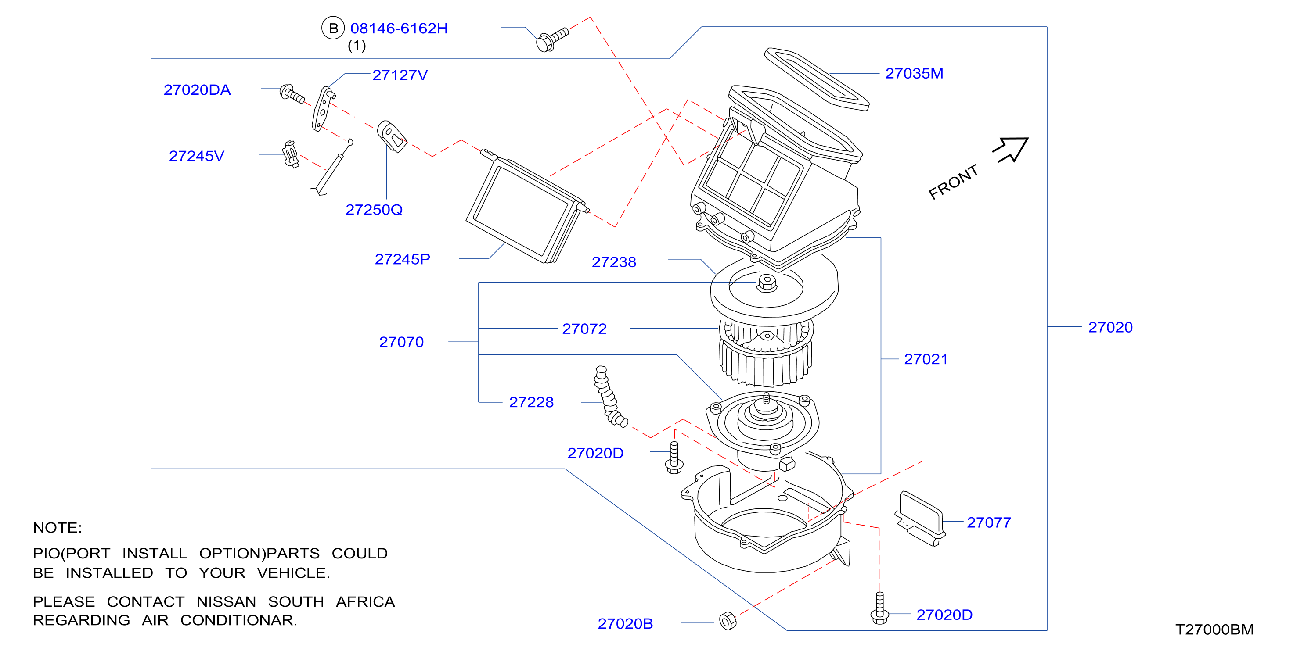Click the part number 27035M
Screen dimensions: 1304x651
click(x=914, y=73)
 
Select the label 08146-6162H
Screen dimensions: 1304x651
click(x=399, y=29)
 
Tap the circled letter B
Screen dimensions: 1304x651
click(x=333, y=29)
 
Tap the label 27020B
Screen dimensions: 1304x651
click(x=625, y=623)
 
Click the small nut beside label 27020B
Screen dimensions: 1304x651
click(x=728, y=621)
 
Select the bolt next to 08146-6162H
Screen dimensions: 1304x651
click(x=552, y=39)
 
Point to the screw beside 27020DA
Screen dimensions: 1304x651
click(x=292, y=93)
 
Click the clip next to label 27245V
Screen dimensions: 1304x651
click(x=291, y=154)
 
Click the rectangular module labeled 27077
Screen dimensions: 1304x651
click(x=920, y=519)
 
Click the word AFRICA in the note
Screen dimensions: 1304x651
click(x=365, y=601)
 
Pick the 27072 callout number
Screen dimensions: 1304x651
click(x=584, y=329)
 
